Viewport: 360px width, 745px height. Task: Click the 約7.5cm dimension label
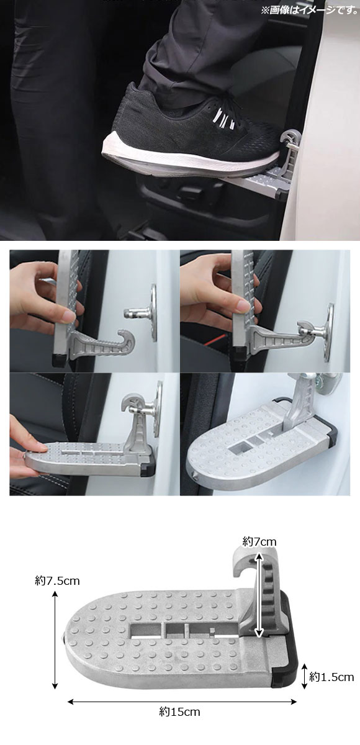(57, 581)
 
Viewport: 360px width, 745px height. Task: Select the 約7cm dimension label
(259, 542)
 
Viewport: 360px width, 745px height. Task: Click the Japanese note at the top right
(309, 10)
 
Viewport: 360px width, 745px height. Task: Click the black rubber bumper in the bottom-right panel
(334, 436)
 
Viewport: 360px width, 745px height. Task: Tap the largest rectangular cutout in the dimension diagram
(146, 630)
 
